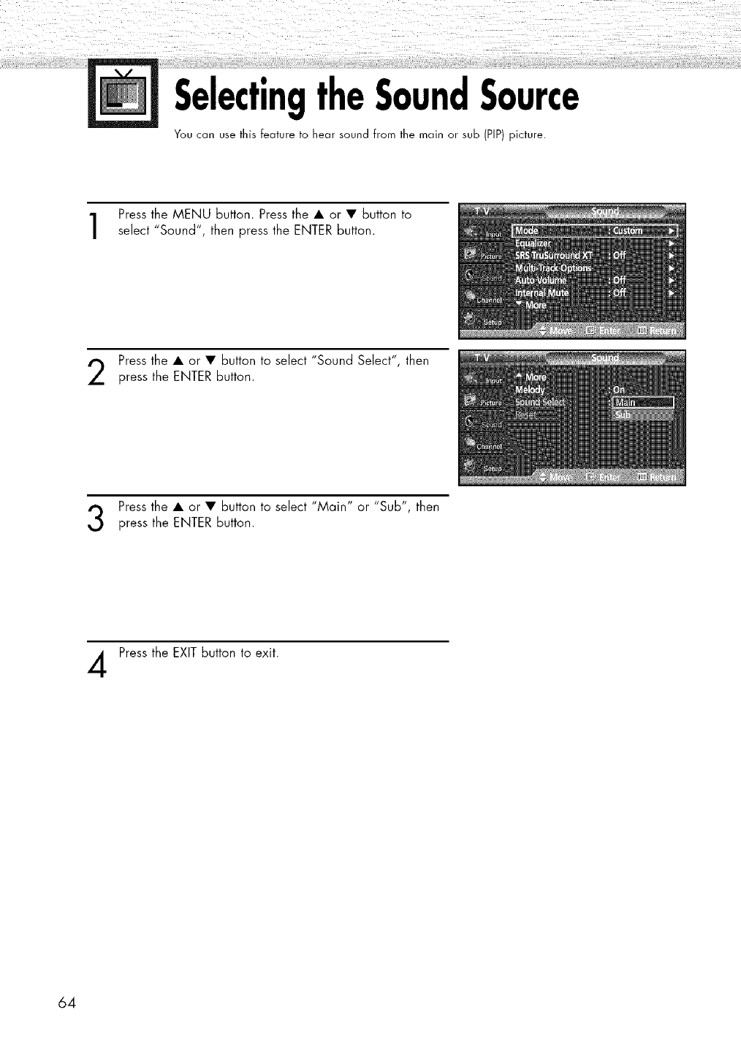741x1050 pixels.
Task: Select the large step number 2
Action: pyautogui.click(x=101, y=371)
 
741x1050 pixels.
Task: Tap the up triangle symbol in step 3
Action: pyautogui.click(x=178, y=507)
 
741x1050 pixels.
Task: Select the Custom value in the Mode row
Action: pyautogui.click(x=628, y=231)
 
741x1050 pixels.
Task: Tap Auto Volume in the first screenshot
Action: pyautogui.click(x=541, y=280)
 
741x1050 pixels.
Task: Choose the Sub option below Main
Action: pyautogui.click(x=623, y=415)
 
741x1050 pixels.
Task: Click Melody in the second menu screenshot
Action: pyautogui.click(x=531, y=390)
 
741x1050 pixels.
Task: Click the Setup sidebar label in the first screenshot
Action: pyautogui.click(x=493, y=322)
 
